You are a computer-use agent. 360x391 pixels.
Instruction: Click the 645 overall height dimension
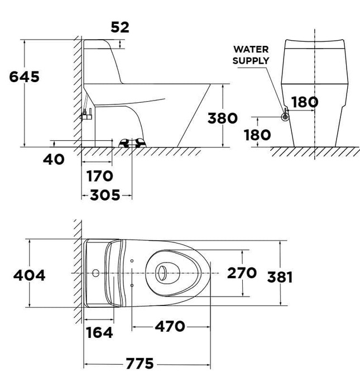pyautogui.click(x=24, y=77)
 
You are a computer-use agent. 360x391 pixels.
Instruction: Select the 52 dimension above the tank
pyautogui.click(x=119, y=27)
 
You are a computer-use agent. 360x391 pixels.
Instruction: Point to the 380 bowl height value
pyautogui.click(x=223, y=118)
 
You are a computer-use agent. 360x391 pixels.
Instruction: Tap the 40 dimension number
pyautogui.click(x=54, y=159)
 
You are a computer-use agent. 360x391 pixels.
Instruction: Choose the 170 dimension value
pyautogui.click(x=100, y=177)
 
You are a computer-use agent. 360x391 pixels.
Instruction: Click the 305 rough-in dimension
pyautogui.click(x=105, y=195)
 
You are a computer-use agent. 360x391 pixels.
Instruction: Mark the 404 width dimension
pyautogui.click(x=29, y=275)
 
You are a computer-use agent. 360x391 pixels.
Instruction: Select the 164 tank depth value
pyautogui.click(x=99, y=333)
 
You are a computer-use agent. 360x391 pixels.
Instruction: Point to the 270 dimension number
pyautogui.click(x=242, y=273)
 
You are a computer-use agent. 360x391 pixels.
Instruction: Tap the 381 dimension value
pyautogui.click(x=280, y=276)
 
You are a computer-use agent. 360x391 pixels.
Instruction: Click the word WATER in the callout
pyautogui.click(x=251, y=49)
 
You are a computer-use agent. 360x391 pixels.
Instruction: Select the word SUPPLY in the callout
pyautogui.click(x=251, y=60)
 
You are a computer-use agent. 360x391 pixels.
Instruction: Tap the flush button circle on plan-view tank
pyautogui.click(x=96, y=274)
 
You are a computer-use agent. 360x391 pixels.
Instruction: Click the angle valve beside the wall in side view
pyautogui.click(x=86, y=115)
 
